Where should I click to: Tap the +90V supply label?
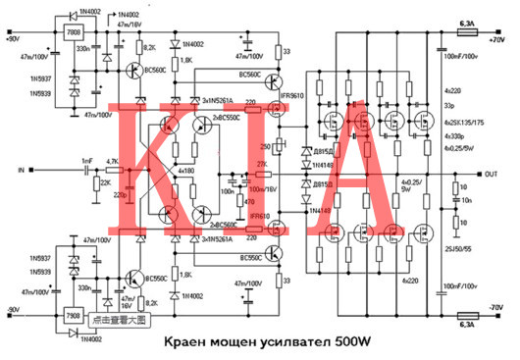14,40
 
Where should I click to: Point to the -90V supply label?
14,310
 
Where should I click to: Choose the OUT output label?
491,175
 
